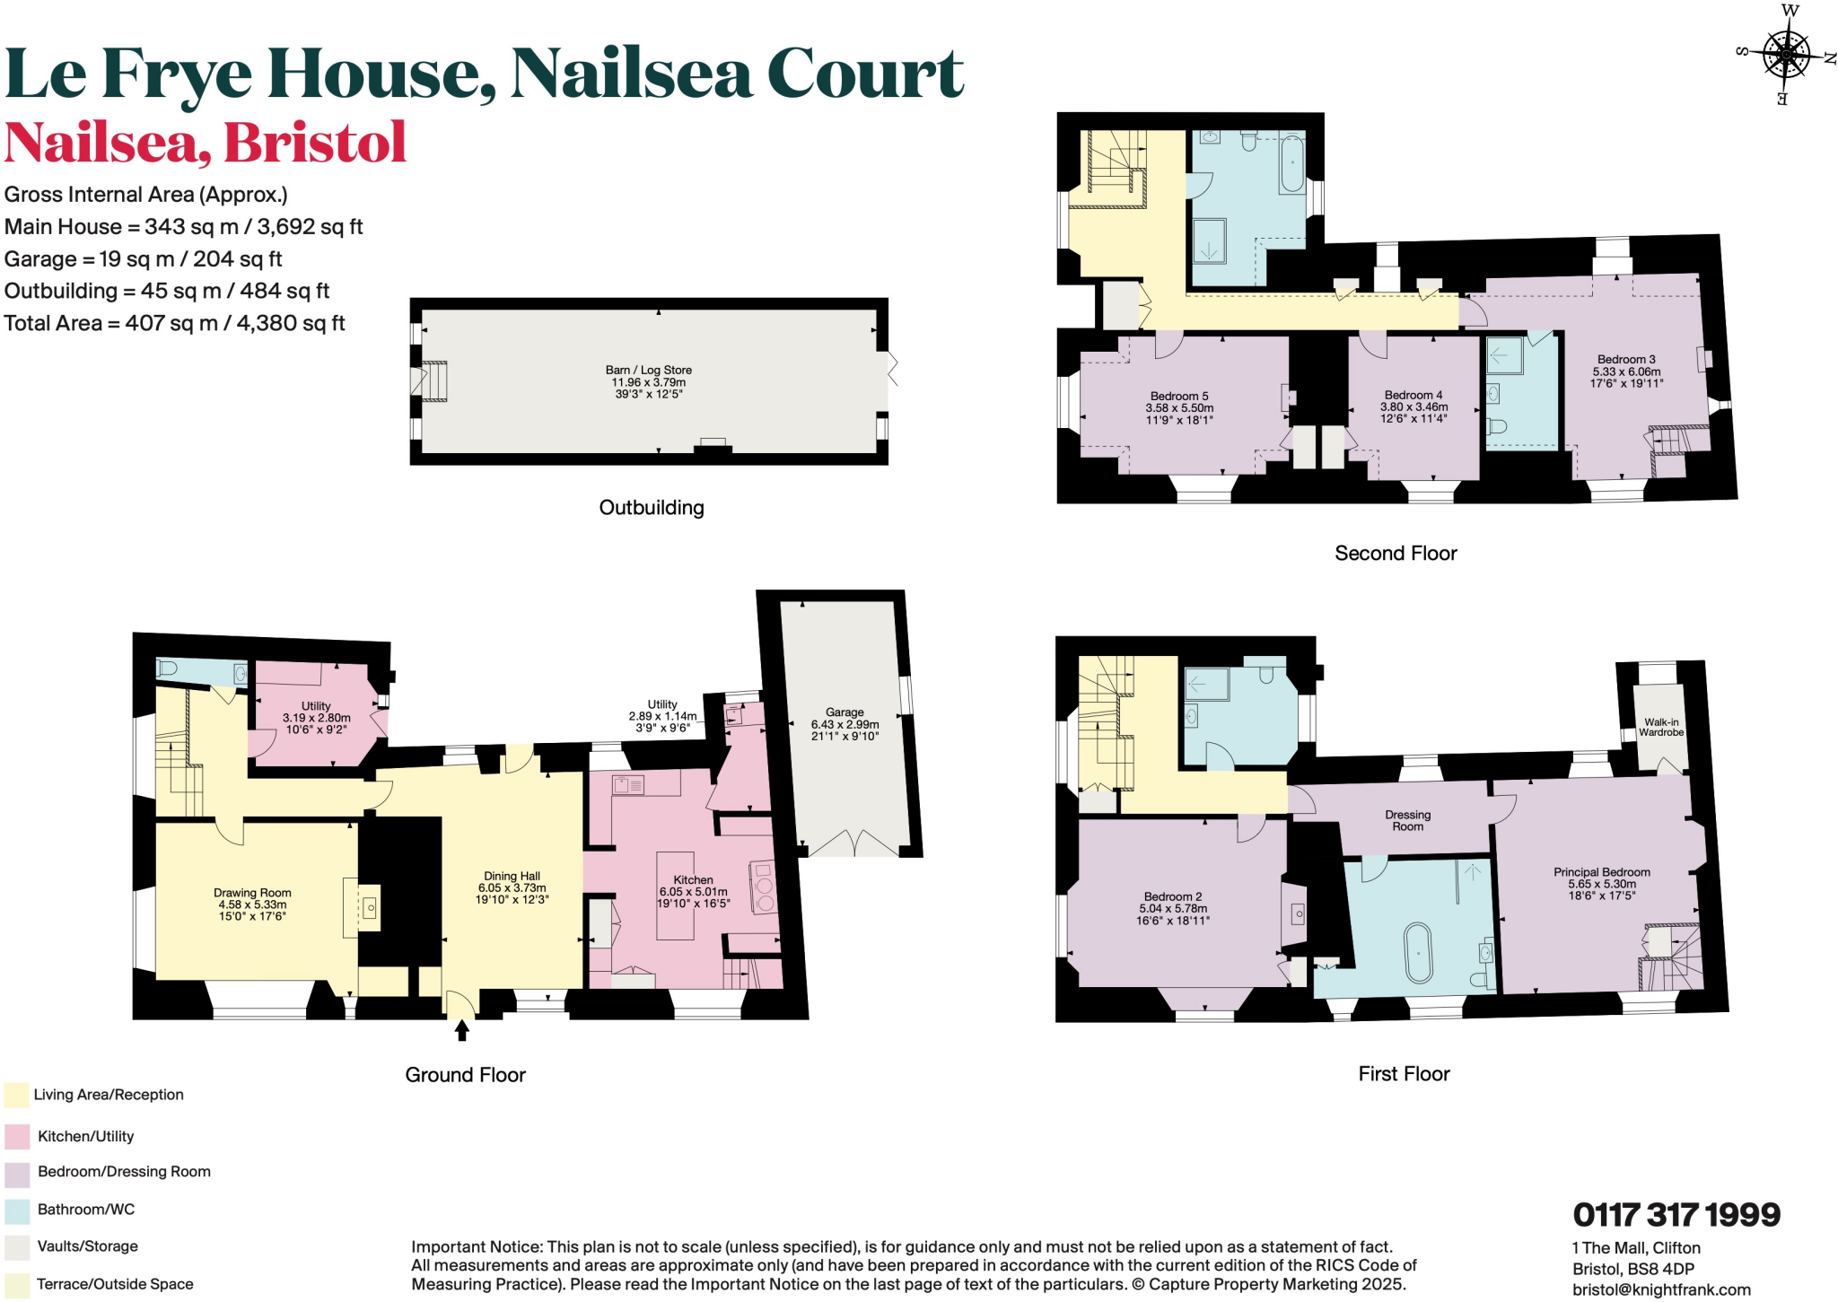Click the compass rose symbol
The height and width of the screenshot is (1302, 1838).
[1786, 55]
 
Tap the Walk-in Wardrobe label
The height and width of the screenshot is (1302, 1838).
[1660, 727]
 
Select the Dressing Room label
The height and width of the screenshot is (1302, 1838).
[1407, 820]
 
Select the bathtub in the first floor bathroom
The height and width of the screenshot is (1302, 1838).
[1418, 953]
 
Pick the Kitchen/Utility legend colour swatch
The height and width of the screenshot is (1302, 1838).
[17, 1137]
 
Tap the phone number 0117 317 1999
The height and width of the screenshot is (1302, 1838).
[1676, 1215]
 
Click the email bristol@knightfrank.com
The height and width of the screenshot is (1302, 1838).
[1660, 1289]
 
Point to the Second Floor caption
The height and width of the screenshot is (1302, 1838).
[1396, 554]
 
